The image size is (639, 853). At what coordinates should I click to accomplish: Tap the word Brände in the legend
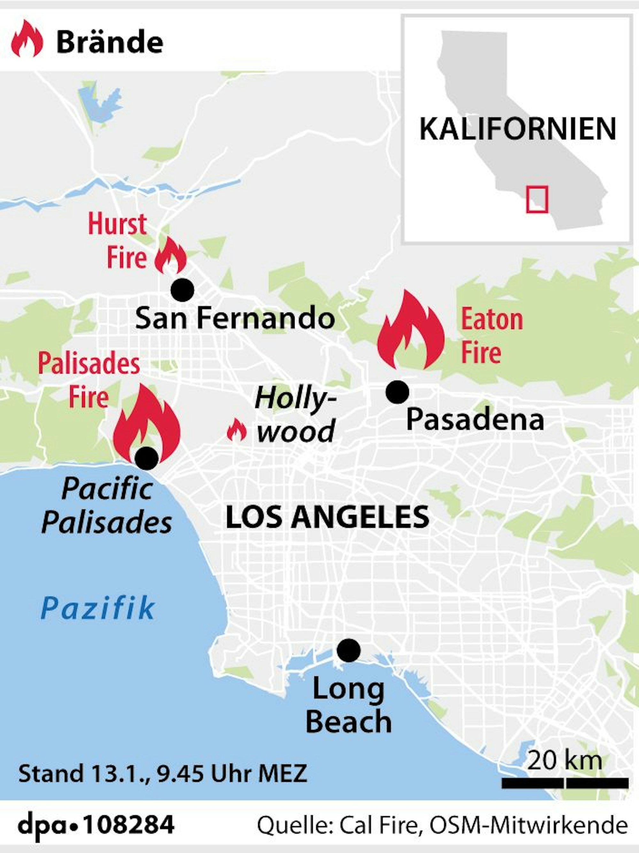pyautogui.click(x=110, y=42)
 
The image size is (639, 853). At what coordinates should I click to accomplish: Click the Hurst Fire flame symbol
pyautogui.click(x=170, y=256)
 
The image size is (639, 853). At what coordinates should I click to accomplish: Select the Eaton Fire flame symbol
pyautogui.click(x=411, y=332)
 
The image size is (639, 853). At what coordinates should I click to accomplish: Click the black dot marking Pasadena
pyautogui.click(x=397, y=392)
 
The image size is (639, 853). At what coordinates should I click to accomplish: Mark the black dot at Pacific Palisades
pyautogui.click(x=147, y=458)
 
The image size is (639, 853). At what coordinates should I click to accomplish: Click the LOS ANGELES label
pyautogui.click(x=327, y=517)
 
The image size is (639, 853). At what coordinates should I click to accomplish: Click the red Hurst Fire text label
pyautogui.click(x=118, y=241)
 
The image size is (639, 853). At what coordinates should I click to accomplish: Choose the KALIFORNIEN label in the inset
pyautogui.click(x=518, y=129)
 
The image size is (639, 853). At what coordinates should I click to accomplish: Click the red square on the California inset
pyautogui.click(x=537, y=199)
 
